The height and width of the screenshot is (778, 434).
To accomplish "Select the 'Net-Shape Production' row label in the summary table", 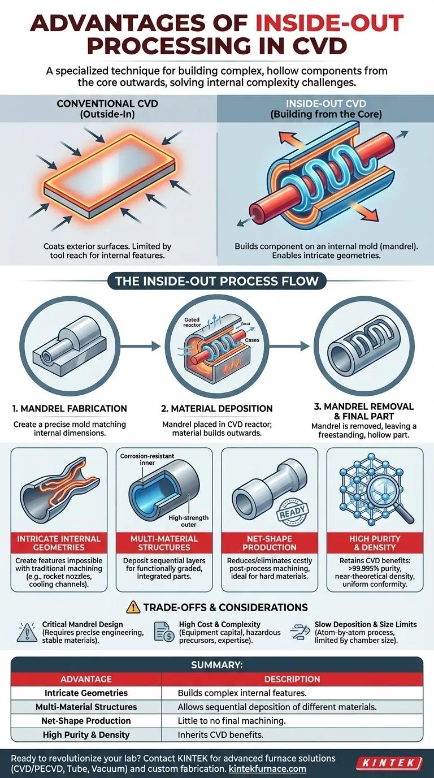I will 86,721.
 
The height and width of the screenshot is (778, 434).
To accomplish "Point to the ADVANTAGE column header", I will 86,678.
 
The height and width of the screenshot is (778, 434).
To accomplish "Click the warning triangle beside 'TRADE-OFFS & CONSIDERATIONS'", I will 133,607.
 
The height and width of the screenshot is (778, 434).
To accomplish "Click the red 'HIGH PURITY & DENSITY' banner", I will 375,543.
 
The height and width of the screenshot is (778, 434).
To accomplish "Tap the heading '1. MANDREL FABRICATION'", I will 70,408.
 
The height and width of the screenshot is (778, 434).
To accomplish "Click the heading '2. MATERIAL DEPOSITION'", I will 218,408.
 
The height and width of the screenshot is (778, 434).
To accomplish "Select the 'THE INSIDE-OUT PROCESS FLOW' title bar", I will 216,281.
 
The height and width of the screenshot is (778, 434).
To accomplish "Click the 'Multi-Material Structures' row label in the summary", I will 86,707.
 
